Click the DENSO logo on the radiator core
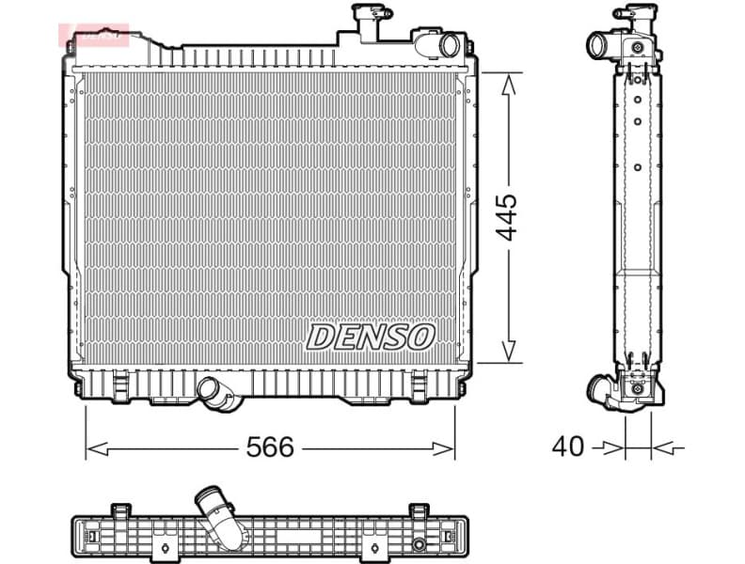(371, 337)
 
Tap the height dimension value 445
(507, 217)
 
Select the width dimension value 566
(270, 447)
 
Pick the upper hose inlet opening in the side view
(596, 43)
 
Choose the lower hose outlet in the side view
(598, 388)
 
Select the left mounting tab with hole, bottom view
(119, 510)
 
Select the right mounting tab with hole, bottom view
(418, 510)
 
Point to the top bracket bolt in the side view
(638, 47)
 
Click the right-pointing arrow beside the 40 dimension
(615, 448)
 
